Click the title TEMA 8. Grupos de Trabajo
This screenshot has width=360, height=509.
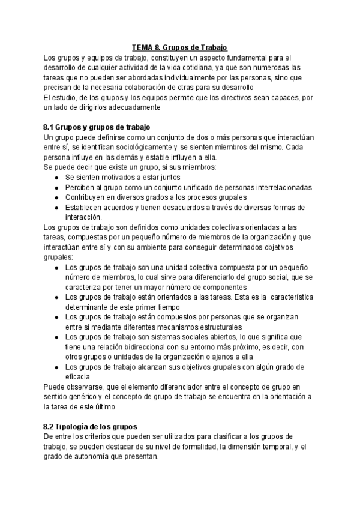click(x=180, y=48)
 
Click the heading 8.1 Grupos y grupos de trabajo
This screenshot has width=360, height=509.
click(x=97, y=127)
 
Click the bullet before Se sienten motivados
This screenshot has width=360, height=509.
click(x=56, y=178)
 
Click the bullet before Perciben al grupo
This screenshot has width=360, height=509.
click(x=56, y=188)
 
